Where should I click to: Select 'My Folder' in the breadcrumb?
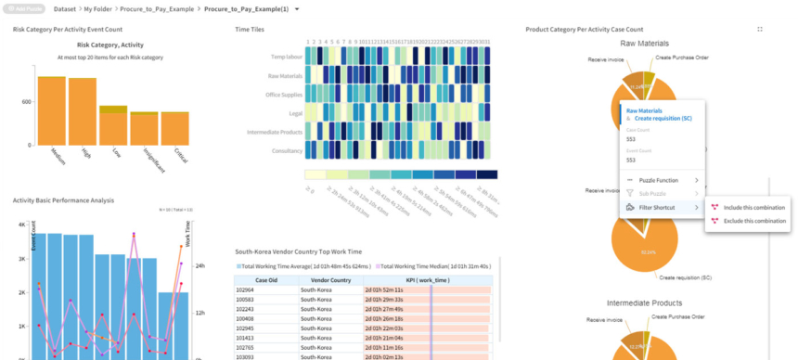tap(99, 8)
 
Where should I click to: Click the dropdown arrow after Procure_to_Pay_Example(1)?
tap(297, 8)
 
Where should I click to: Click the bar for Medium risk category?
tap(51, 111)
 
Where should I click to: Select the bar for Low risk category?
tap(113, 126)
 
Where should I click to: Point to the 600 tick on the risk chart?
tap(26, 102)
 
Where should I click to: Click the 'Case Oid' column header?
tap(266, 279)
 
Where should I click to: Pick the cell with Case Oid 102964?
tap(266, 289)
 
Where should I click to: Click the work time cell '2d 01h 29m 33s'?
tap(386, 300)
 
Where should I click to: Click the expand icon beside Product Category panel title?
tap(760, 30)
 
